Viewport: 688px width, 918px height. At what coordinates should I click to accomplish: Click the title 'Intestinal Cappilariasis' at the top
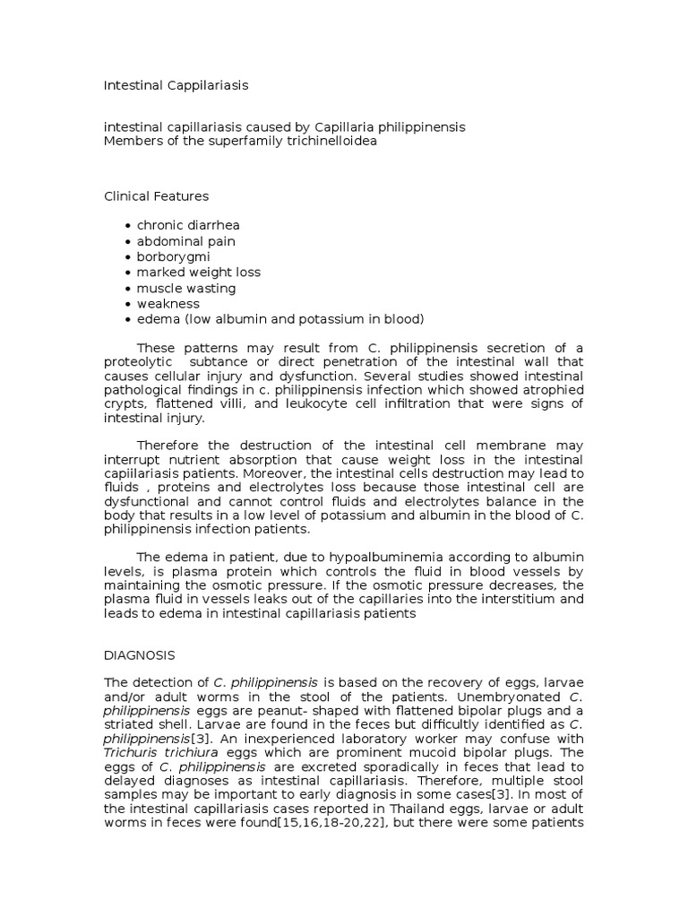coord(176,85)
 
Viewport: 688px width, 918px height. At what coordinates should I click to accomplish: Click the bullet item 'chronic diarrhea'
coord(188,225)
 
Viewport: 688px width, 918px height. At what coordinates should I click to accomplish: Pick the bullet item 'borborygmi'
coord(173,256)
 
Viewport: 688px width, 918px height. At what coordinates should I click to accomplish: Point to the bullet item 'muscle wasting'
coord(186,288)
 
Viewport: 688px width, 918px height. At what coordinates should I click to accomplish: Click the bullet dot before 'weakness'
coord(129,304)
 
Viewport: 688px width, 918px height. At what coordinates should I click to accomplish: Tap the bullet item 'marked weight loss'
coord(199,272)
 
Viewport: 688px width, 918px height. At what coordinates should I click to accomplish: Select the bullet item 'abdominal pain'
coord(186,241)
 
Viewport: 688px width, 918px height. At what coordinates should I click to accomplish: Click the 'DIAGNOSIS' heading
coord(140,655)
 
